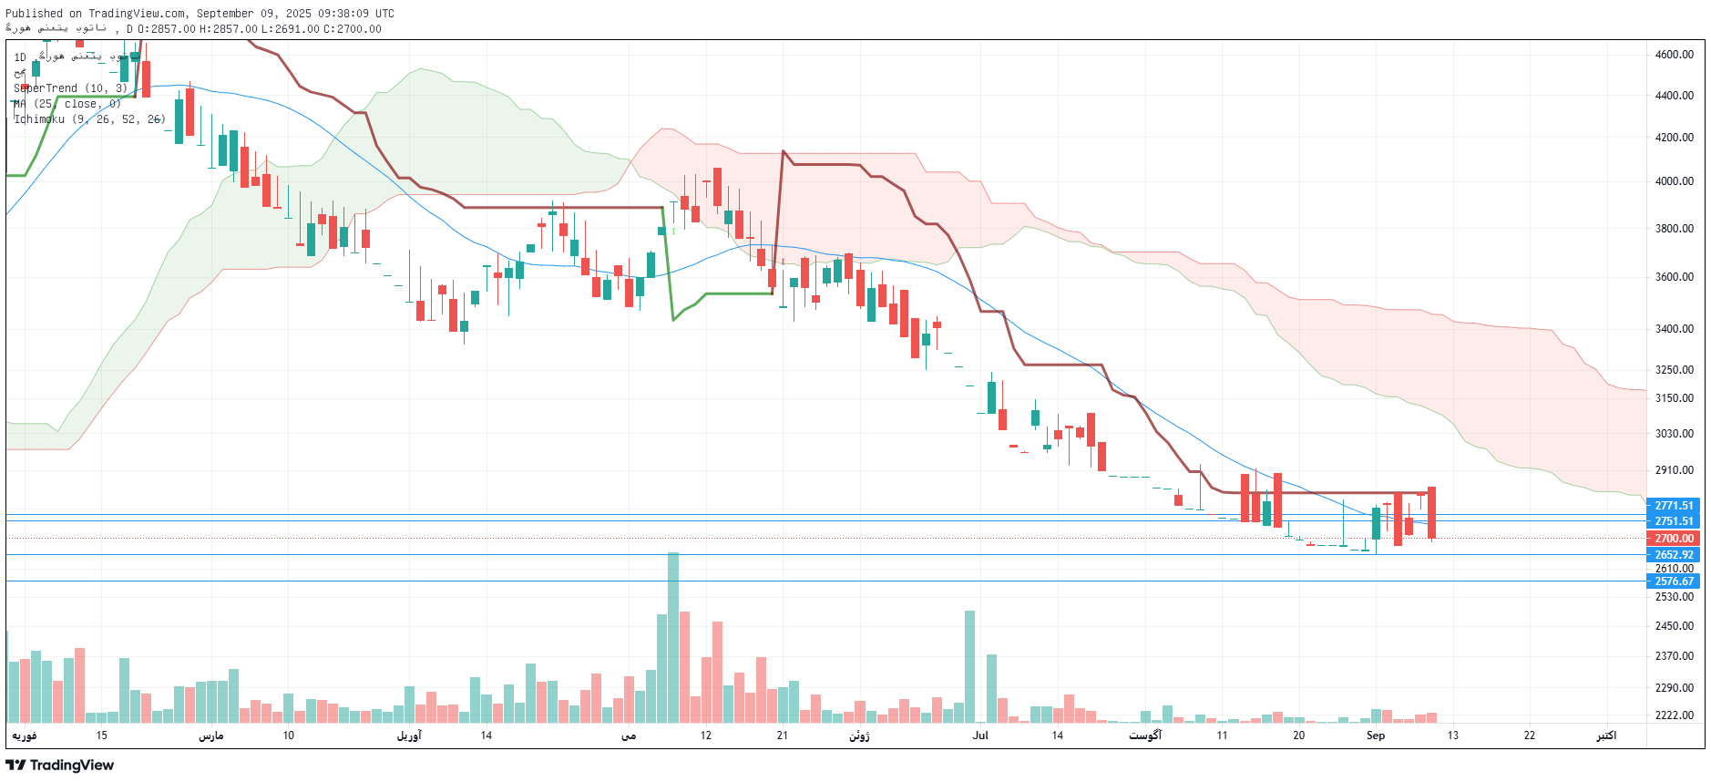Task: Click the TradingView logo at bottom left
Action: click(x=60, y=765)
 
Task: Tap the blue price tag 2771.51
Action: click(x=1673, y=506)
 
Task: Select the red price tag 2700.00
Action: click(x=1673, y=539)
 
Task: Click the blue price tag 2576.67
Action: click(x=1673, y=581)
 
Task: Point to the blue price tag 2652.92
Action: click(x=1673, y=555)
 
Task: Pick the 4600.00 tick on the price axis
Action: click(x=1674, y=55)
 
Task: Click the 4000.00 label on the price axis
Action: click(x=1674, y=181)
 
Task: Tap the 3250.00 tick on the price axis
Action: click(x=1674, y=370)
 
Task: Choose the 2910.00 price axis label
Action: click(x=1674, y=470)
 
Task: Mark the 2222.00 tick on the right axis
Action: click(x=1674, y=715)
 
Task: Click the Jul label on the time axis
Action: click(x=980, y=736)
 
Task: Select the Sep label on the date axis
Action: click(x=1375, y=736)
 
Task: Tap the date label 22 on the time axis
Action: click(x=1530, y=736)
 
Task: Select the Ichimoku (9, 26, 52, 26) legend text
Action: click(x=89, y=119)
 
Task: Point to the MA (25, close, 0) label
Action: click(x=67, y=104)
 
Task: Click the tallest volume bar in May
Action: click(x=673, y=638)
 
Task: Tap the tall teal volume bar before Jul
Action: click(x=969, y=665)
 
